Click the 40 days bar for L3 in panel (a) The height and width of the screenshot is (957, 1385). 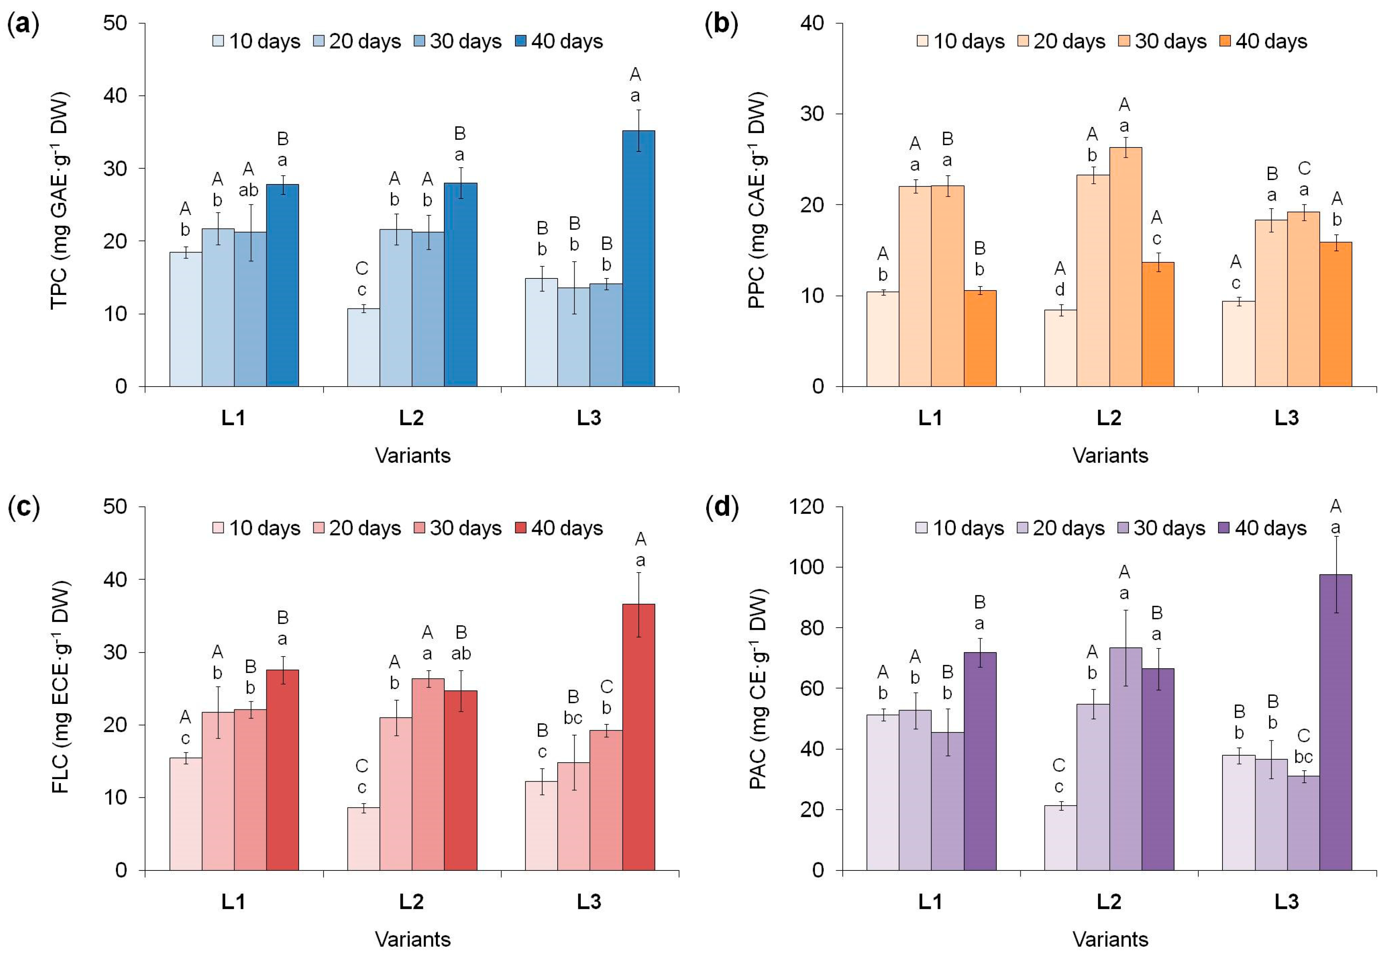[638, 258]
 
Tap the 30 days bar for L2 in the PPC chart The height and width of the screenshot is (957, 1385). [1125, 267]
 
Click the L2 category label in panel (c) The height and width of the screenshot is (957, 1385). [412, 901]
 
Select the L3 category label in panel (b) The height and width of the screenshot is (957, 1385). [1287, 418]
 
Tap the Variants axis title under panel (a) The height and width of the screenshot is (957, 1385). [413, 455]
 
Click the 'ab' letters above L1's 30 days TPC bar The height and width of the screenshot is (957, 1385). [248, 190]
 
